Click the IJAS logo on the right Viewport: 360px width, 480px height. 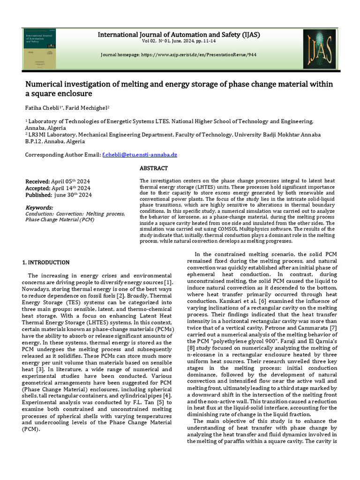(319, 49)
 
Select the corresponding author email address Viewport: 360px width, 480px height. (140, 155)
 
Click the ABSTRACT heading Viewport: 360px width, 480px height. (154, 168)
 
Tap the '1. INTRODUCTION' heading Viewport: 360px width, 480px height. (46, 262)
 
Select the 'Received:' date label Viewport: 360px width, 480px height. (37, 181)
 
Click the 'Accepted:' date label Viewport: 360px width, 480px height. (37, 188)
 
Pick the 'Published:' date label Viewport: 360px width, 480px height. (38, 195)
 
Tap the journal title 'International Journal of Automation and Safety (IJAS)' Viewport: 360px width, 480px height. (179, 35)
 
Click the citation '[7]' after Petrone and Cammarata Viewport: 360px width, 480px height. (332, 328)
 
